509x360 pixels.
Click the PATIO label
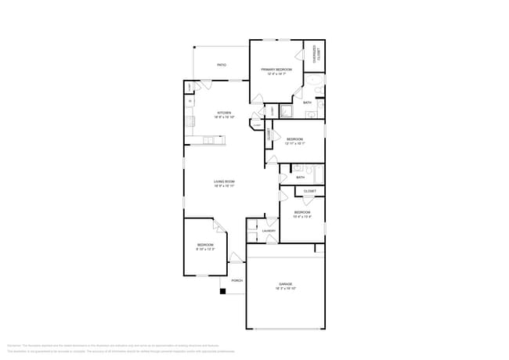[x=222, y=65]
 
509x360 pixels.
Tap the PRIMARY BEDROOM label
[x=276, y=69]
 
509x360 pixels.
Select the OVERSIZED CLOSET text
[x=317, y=54]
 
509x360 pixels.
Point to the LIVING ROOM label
[x=225, y=182]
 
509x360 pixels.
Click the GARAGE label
[x=286, y=283]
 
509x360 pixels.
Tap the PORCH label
[x=236, y=280]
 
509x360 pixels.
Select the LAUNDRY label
[x=269, y=231]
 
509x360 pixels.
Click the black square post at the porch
[x=222, y=291]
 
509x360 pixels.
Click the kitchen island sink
[x=209, y=141]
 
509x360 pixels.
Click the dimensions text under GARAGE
[x=286, y=289]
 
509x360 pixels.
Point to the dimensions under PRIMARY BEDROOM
[x=276, y=74]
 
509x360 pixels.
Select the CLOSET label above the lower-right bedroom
[x=309, y=191]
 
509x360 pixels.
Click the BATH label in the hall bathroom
[x=301, y=178]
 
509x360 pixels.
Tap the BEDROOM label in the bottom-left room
[x=204, y=245]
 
